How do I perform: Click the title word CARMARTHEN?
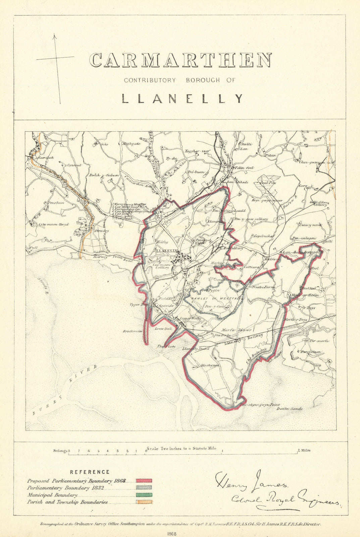(x=180, y=60)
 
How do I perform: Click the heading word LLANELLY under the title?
(x=182, y=98)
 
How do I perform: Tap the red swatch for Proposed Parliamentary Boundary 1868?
(x=144, y=481)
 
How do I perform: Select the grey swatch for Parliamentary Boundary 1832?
(x=144, y=487)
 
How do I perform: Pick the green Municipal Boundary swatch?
(x=144, y=495)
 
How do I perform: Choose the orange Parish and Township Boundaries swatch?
(x=144, y=502)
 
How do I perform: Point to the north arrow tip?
(x=54, y=34)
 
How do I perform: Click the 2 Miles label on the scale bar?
(x=303, y=450)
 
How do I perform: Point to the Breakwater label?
(x=133, y=331)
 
